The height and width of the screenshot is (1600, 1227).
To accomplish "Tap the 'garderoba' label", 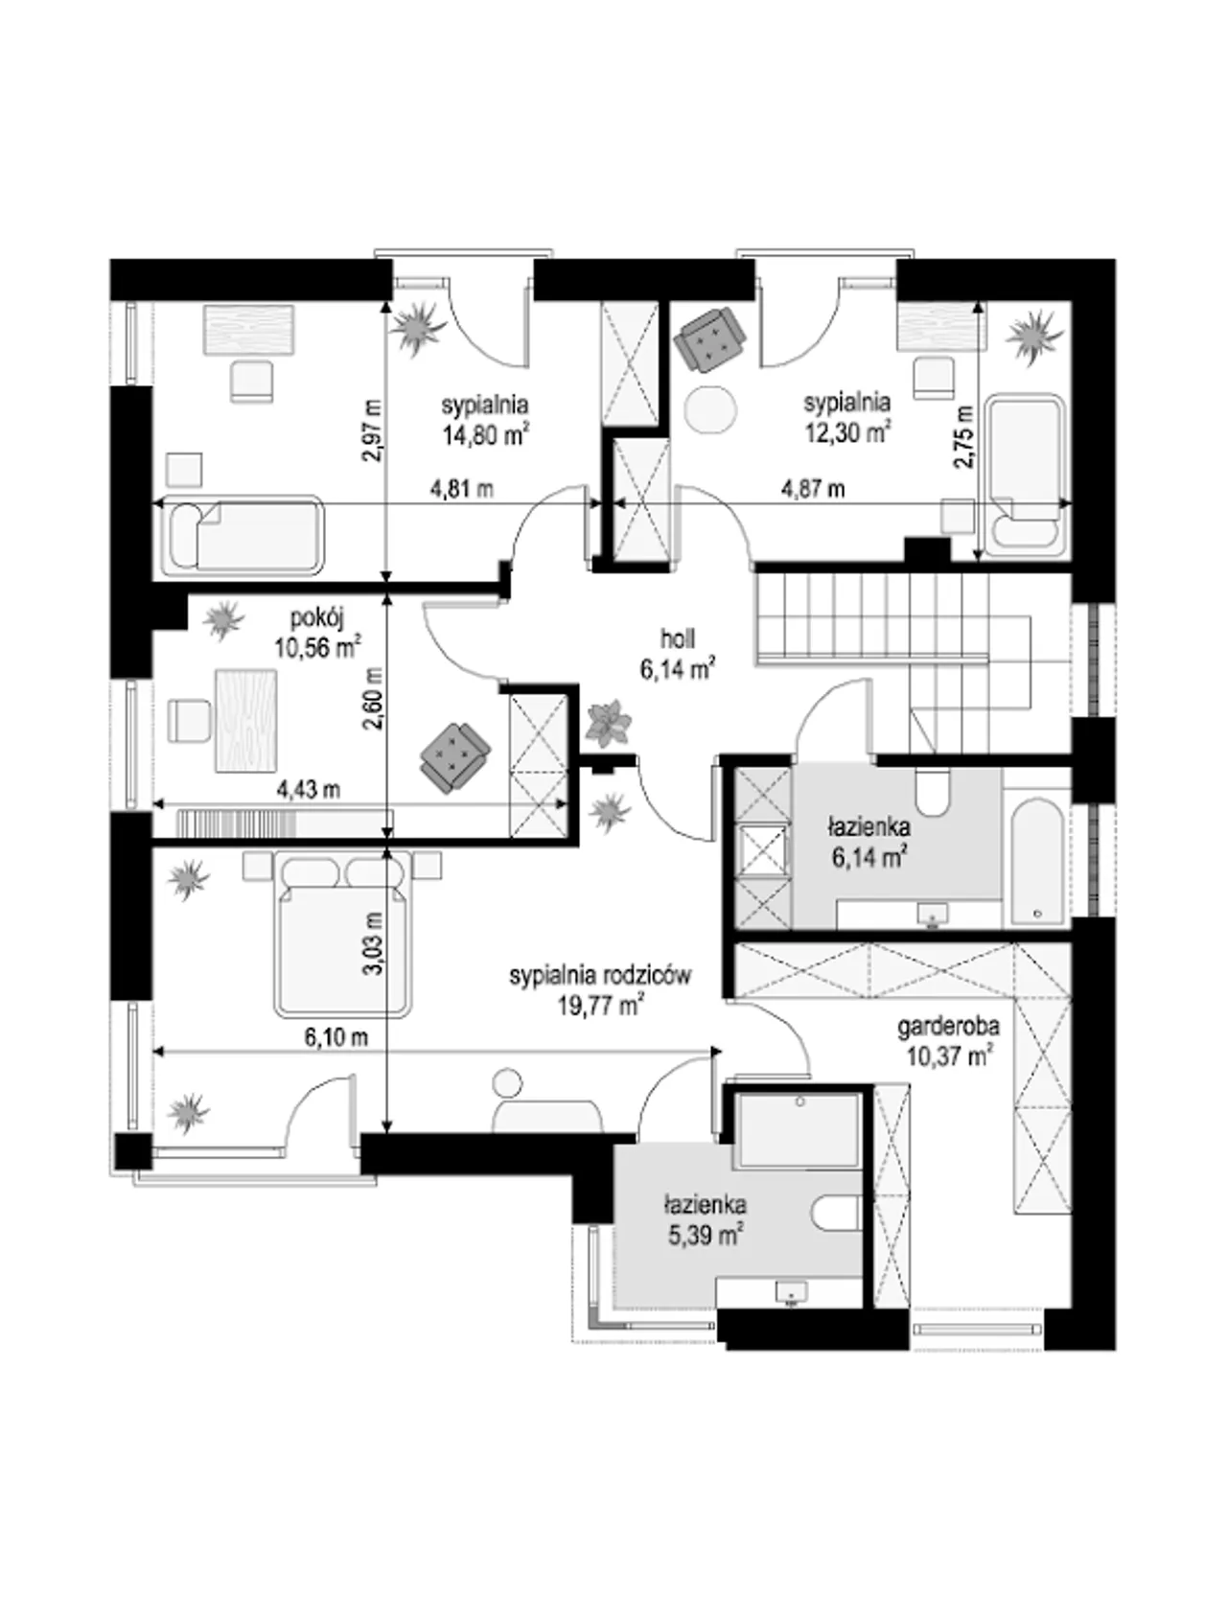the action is tap(948, 1027).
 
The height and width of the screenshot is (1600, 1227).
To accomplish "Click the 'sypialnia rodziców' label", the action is tap(600, 976).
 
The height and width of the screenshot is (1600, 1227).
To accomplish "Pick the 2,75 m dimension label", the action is tap(964, 435).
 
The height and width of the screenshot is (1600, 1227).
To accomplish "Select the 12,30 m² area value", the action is tap(847, 433).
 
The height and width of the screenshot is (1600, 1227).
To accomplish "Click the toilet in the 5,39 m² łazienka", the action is tap(836, 1213).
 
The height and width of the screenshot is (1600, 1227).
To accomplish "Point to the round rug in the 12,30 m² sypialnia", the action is tap(710, 409).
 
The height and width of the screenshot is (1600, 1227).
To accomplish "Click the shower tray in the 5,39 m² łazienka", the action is tap(798, 1130).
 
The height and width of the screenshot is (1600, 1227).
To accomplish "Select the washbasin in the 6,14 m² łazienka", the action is tap(931, 916).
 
